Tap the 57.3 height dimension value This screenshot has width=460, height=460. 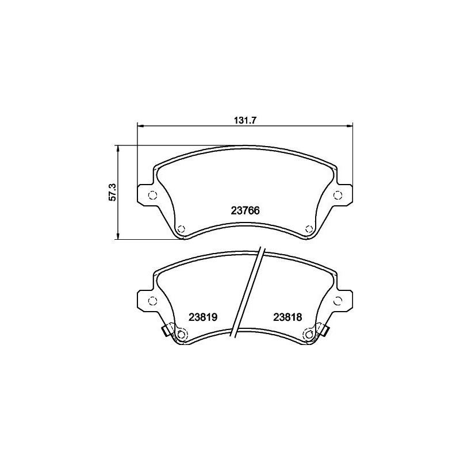click(x=113, y=192)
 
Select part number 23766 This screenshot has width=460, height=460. click(x=244, y=210)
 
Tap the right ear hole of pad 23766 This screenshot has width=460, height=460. click(x=338, y=194)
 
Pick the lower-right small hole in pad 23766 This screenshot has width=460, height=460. click(x=309, y=228)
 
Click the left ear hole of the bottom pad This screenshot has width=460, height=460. click(x=152, y=300)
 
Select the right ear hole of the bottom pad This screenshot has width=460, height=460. click(x=338, y=300)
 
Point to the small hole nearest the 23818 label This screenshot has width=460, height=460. click(x=309, y=335)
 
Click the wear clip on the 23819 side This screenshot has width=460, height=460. click(x=167, y=330)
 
